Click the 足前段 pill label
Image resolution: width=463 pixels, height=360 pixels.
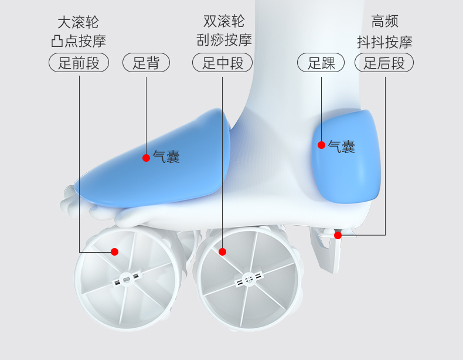(79, 63)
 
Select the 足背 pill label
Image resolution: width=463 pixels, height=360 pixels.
(146, 63)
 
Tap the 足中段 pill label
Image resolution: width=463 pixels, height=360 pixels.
(223, 63)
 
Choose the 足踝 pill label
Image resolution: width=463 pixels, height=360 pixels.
(322, 63)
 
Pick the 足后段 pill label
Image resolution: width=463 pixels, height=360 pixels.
(384, 63)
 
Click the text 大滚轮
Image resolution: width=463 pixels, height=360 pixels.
(78, 23)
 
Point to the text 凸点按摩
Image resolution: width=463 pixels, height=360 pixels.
(78, 42)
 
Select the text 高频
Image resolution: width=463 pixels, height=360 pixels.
(385, 22)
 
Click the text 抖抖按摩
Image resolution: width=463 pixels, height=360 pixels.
(385, 42)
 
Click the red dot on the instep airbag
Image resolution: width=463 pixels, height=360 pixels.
(146, 157)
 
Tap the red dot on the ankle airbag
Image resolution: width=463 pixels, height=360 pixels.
(321, 145)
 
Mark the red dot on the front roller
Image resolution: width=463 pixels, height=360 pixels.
(115, 252)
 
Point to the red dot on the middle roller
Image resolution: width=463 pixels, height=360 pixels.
(223, 252)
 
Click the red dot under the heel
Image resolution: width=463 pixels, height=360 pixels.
(338, 235)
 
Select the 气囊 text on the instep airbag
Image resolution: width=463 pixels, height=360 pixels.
(166, 157)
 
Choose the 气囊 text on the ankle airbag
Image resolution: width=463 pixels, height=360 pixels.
(341, 147)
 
